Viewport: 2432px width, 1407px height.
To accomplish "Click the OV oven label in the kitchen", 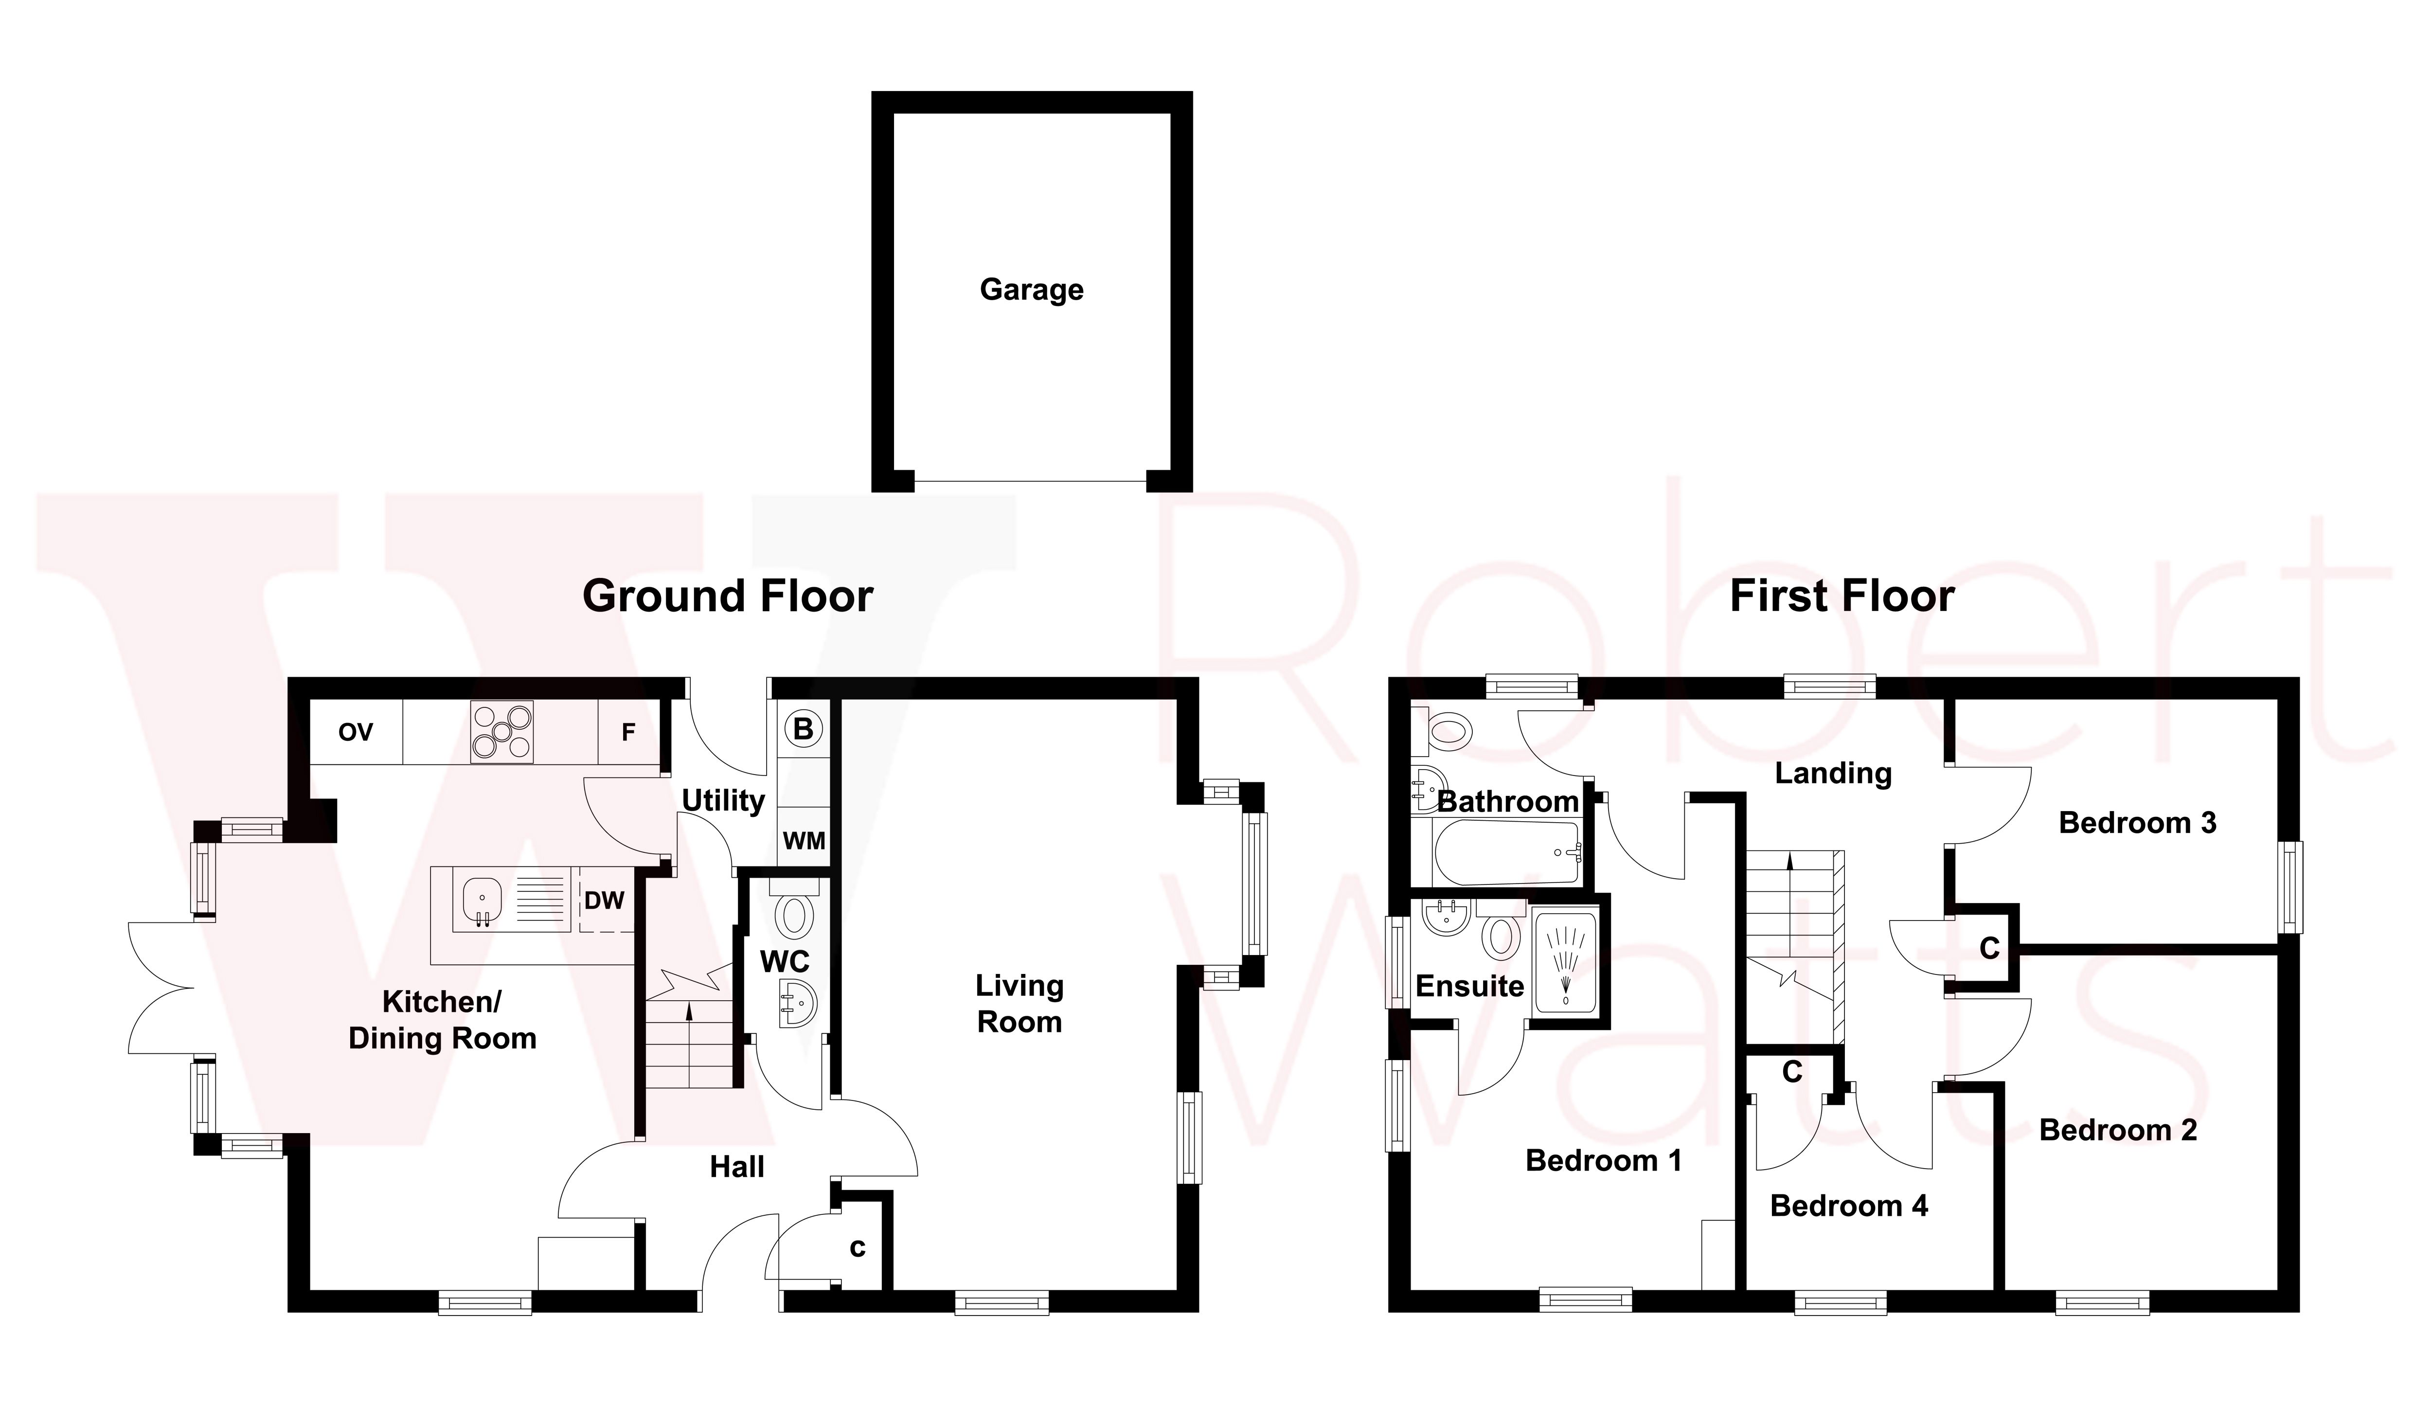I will point(355,733).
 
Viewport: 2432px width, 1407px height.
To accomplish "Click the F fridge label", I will point(628,733).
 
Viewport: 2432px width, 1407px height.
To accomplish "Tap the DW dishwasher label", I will point(604,901).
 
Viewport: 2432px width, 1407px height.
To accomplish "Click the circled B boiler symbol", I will point(803,729).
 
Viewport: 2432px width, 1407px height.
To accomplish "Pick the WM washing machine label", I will point(804,841).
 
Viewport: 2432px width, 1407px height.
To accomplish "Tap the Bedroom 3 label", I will point(2137,823).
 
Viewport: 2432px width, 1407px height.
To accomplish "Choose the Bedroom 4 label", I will point(1848,1206).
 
